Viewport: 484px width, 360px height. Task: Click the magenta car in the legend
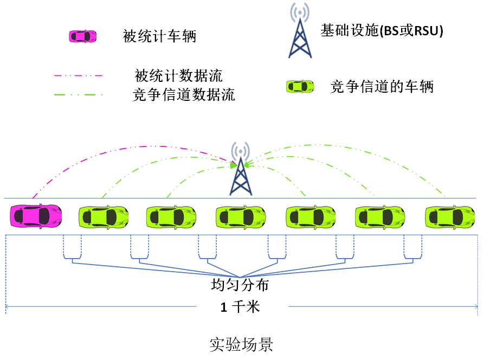click(x=83, y=36)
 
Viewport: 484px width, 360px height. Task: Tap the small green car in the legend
click(x=300, y=86)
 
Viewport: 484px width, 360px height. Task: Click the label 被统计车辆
click(x=159, y=37)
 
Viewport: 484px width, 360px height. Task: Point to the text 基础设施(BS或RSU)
click(x=382, y=31)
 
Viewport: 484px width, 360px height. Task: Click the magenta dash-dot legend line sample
click(x=78, y=75)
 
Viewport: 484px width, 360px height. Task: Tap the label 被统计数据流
click(x=178, y=75)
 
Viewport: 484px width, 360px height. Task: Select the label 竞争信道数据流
click(x=184, y=95)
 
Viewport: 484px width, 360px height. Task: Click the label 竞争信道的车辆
click(x=382, y=86)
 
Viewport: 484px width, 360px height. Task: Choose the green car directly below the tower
click(x=241, y=216)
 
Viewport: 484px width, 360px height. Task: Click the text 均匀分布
click(x=240, y=285)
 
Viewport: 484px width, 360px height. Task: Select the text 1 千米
click(x=240, y=307)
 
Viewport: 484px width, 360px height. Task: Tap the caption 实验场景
click(x=241, y=345)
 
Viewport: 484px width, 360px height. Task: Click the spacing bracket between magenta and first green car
click(x=72, y=247)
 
